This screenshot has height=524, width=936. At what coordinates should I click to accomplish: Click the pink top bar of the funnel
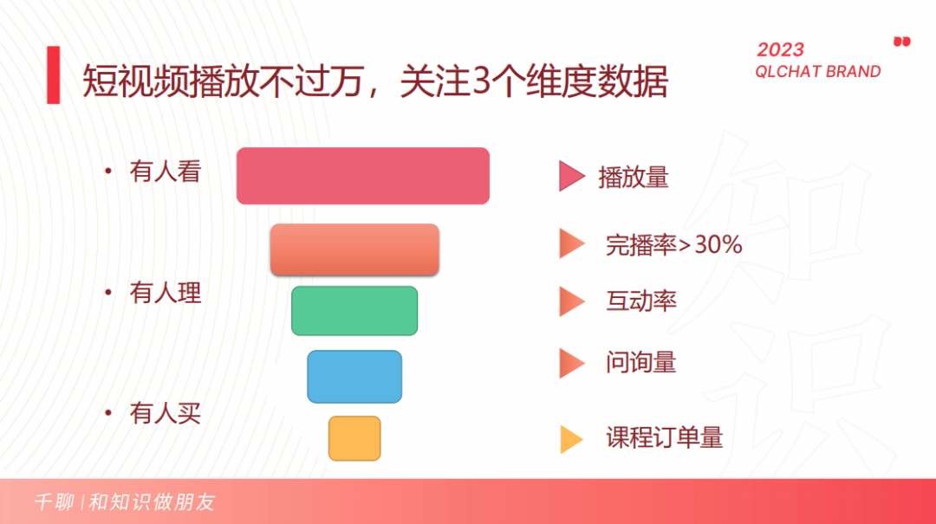click(363, 176)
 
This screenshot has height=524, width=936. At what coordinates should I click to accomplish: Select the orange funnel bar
click(354, 249)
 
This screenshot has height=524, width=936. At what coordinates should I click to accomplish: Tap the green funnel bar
click(354, 310)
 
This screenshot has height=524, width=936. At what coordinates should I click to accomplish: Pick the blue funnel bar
click(354, 376)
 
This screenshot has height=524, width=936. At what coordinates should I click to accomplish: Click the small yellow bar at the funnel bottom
click(354, 437)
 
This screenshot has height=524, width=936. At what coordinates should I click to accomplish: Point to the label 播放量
click(634, 178)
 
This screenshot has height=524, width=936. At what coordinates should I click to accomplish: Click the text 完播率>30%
click(673, 245)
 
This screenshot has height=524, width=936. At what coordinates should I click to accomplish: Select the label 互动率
click(640, 301)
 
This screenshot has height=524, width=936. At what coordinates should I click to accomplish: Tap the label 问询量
click(640, 362)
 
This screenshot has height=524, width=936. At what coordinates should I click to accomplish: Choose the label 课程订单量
click(664, 437)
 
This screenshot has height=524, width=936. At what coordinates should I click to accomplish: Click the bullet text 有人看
click(165, 171)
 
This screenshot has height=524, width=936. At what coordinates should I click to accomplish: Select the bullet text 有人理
click(165, 293)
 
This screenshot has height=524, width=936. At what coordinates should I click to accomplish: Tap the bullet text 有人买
click(165, 413)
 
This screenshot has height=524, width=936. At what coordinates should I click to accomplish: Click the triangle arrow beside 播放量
click(570, 177)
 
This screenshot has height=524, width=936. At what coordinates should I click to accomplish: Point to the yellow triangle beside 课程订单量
click(570, 439)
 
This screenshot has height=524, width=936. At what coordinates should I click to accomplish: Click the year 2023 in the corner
click(780, 50)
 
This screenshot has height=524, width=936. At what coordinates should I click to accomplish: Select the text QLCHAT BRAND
click(817, 72)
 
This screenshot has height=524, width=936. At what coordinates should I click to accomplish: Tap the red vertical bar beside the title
click(54, 75)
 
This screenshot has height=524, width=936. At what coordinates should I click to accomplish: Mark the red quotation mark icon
click(902, 41)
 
